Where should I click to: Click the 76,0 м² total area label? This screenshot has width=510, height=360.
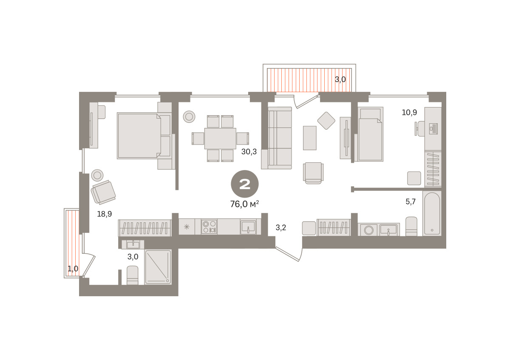point(244,204)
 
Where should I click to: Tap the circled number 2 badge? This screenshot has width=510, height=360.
point(245,184)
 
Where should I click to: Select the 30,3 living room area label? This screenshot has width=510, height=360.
point(249,152)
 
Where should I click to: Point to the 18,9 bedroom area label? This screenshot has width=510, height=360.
point(105,214)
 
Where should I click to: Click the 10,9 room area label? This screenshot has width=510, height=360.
point(409,112)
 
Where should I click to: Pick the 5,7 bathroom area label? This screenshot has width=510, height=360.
point(411,201)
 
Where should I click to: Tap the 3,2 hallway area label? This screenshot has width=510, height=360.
point(281,227)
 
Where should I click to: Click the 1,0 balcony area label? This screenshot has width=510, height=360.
point(73,269)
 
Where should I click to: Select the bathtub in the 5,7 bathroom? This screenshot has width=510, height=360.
point(432,213)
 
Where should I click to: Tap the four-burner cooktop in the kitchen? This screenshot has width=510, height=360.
point(209,227)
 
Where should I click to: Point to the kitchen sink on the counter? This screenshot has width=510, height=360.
point(248,227)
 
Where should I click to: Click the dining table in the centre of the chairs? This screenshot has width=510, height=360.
point(220,139)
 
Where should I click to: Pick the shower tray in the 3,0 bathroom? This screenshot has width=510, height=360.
point(158,267)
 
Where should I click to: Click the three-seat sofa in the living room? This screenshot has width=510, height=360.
point(280,138)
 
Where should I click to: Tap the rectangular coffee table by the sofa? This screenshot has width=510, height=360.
point(310,138)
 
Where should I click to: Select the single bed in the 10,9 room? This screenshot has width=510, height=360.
point(371,134)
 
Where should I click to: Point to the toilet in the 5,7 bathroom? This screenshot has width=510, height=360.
point(411,227)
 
